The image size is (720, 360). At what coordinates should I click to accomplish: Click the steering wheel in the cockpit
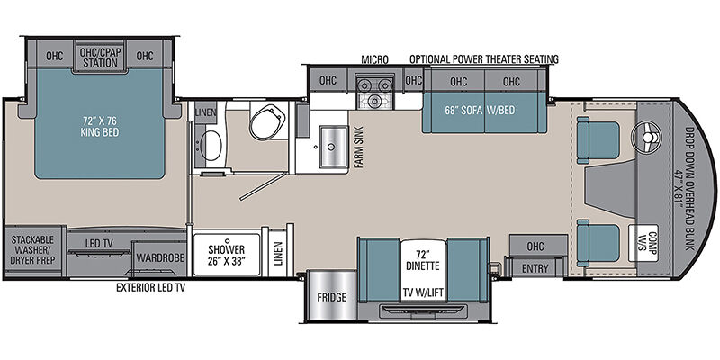click(x=647, y=137)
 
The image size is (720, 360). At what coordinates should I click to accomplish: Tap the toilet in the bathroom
click(x=268, y=121)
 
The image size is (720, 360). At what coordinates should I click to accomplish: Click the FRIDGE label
click(x=331, y=297)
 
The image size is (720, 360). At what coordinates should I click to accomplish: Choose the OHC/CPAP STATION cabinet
click(x=100, y=58)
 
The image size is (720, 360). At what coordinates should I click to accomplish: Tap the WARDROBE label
click(x=160, y=257)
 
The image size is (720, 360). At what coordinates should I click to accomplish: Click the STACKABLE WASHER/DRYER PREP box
click(x=33, y=250)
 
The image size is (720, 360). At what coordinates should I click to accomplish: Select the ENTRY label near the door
click(x=535, y=268)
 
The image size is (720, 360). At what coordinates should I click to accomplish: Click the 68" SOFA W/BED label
click(x=480, y=110)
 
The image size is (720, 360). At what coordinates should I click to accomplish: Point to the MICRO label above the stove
click(x=374, y=59)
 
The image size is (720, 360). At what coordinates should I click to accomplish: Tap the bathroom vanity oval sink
click(x=211, y=145)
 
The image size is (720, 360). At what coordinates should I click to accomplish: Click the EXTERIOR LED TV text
click(x=151, y=288)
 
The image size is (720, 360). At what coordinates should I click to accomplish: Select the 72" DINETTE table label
click(x=422, y=259)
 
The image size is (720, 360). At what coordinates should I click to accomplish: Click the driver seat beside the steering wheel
click(x=598, y=140)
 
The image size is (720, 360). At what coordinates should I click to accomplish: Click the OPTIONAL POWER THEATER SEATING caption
click(x=484, y=59)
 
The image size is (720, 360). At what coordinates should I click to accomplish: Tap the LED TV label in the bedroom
click(x=99, y=243)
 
